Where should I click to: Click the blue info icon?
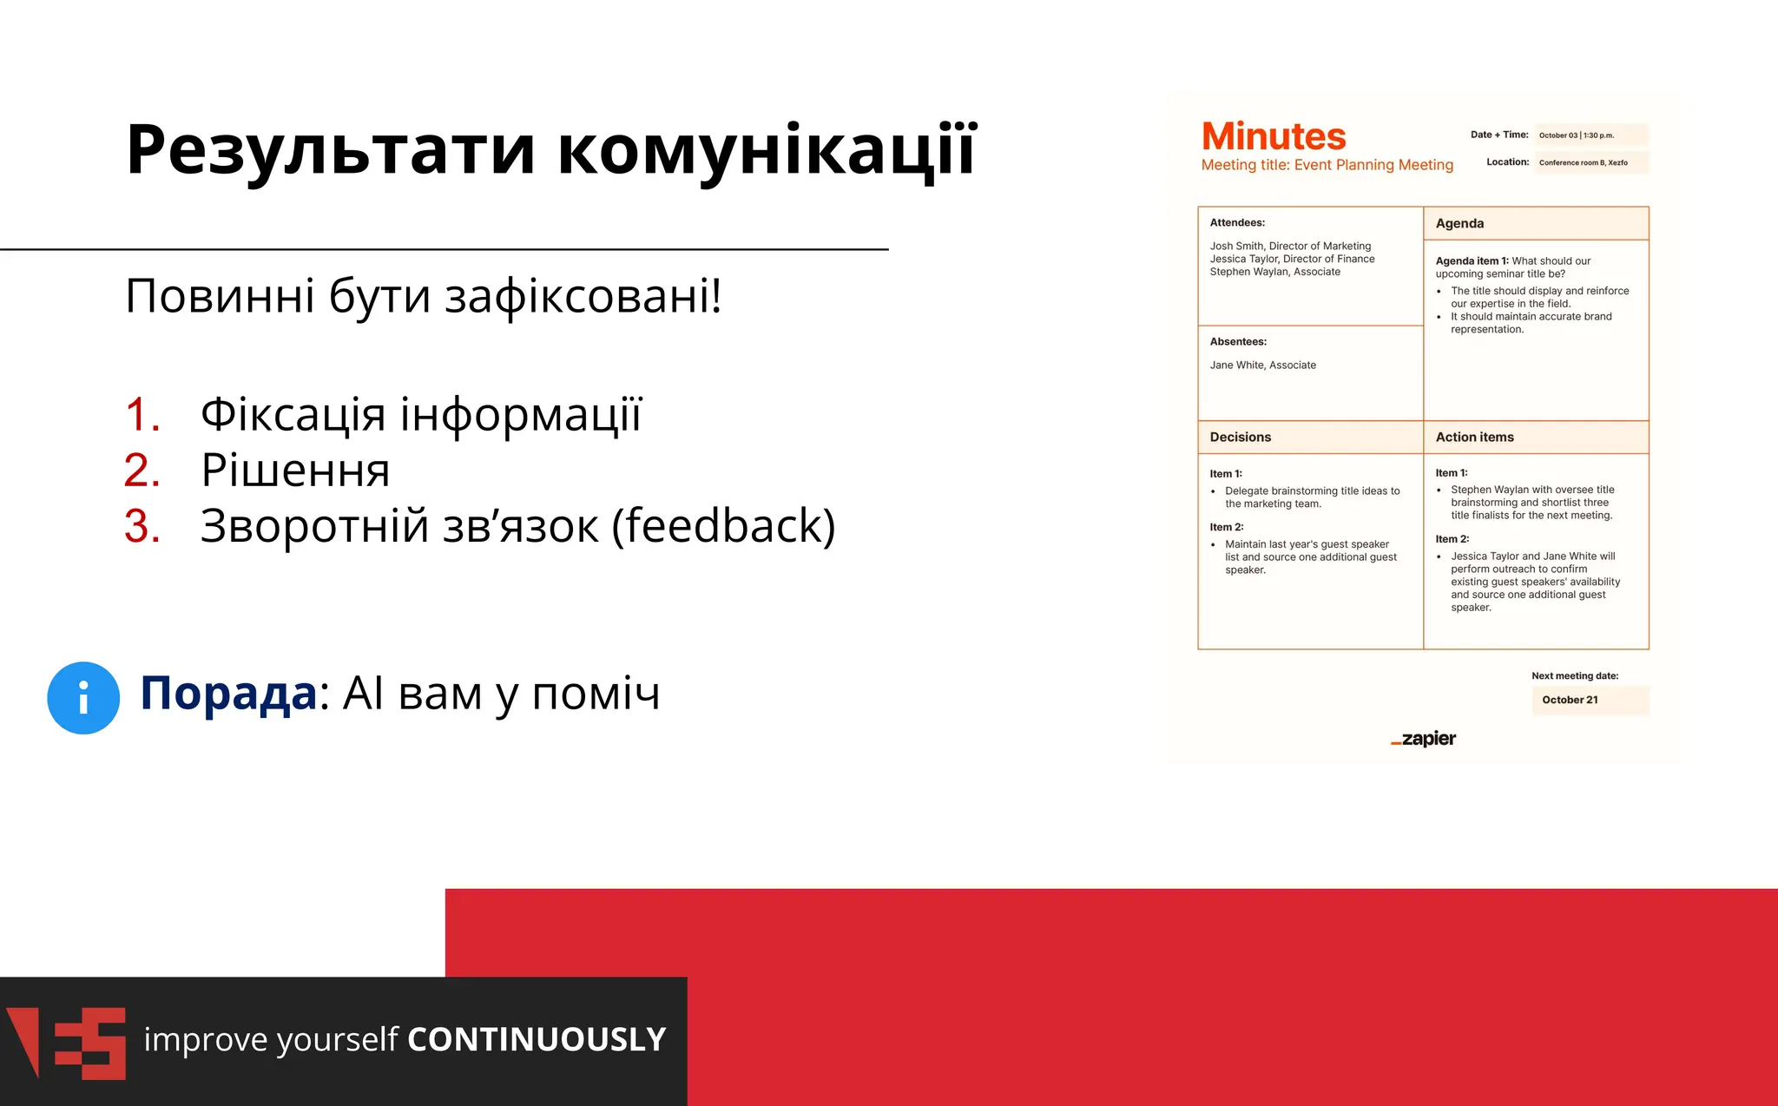coord(83,698)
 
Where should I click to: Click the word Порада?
coord(228,694)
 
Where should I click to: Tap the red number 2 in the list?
coord(142,471)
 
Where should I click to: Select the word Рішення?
coord(295,471)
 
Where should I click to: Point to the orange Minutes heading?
coord(1273,136)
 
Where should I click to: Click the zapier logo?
coord(1424,739)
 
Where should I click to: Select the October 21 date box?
coord(1589,700)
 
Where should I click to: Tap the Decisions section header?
coord(1240,438)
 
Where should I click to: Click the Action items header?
coord(1474,438)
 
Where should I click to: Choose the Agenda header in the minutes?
coord(1459,223)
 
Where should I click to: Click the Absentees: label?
coord(1238,342)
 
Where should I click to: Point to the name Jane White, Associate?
coord(1262,365)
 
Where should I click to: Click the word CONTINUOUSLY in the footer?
coord(537,1039)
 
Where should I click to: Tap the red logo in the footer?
coord(66,1043)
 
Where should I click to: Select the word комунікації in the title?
coord(767,150)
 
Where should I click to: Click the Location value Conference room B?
coord(1583,162)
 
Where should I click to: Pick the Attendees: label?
coord(1237,223)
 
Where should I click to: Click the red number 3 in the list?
coord(142,526)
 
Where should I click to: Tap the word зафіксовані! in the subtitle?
coord(583,296)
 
